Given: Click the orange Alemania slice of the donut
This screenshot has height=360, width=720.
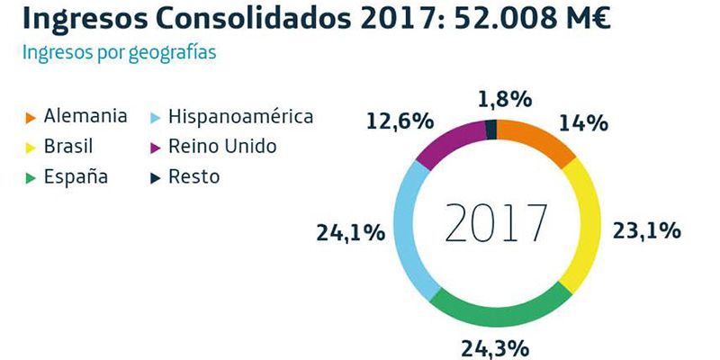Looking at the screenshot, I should pyautogui.click(x=537, y=139).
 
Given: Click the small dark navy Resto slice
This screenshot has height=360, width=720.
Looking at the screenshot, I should pyautogui.click(x=490, y=129).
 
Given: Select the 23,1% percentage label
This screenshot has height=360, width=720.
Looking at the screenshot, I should pyautogui.click(x=647, y=231).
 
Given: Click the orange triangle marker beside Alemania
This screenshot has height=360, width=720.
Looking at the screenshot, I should pyautogui.click(x=31, y=117).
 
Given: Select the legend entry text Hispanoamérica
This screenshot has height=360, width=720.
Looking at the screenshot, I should pyautogui.click(x=241, y=117).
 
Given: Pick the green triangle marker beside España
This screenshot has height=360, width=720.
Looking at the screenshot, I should pyautogui.click(x=31, y=177).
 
